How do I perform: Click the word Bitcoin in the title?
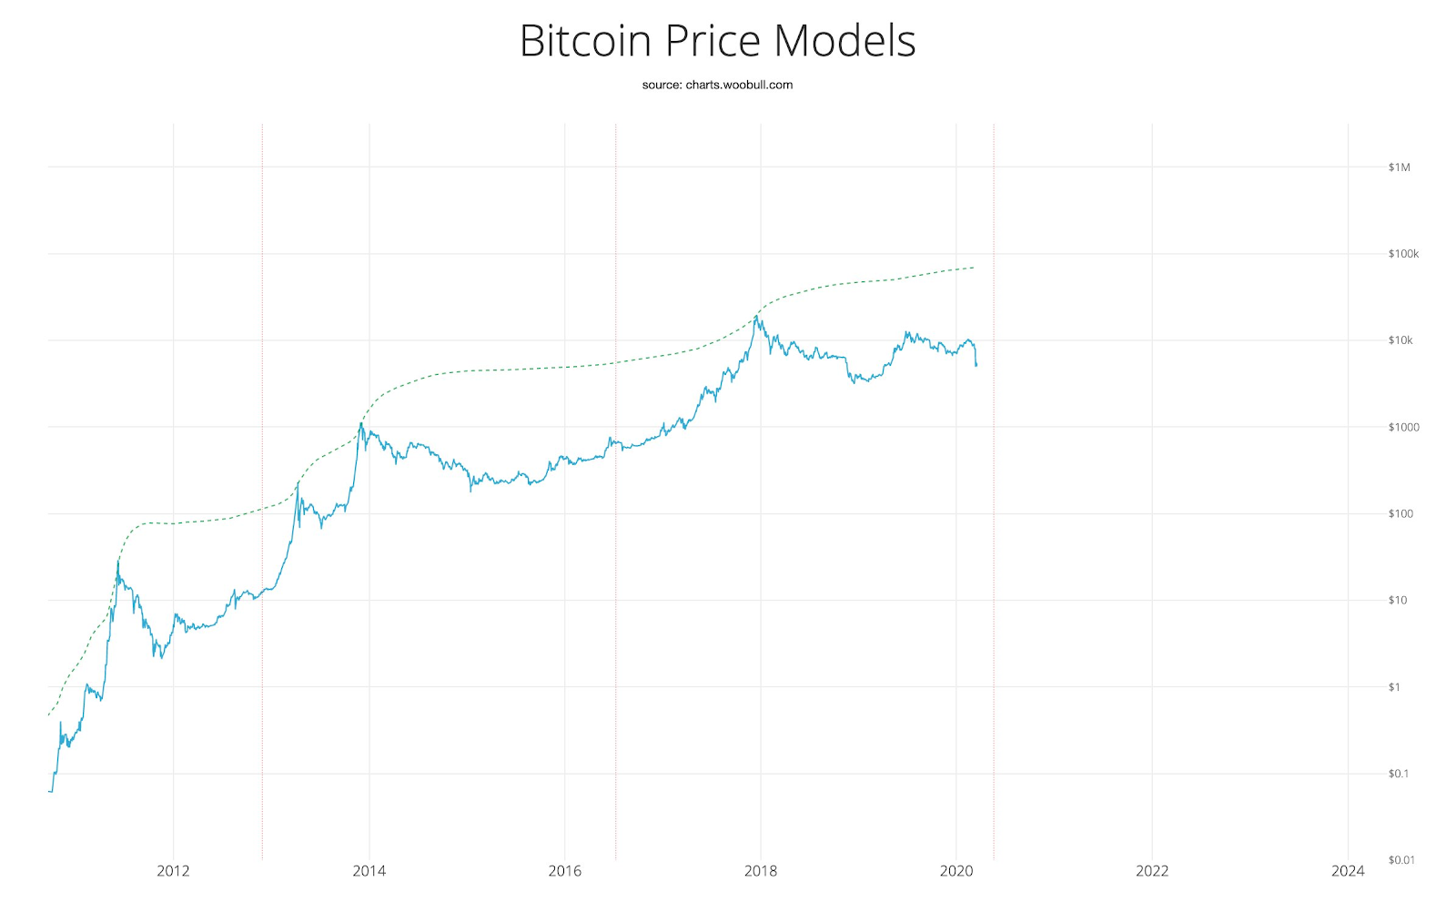pos(586,41)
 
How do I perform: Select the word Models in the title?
pos(845,41)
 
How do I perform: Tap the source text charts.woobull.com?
pos(739,85)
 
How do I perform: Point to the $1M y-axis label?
pos(1399,167)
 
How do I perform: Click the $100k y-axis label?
pos(1403,254)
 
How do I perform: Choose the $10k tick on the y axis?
pos(1400,340)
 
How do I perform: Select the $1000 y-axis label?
pos(1403,427)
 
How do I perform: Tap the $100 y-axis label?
pos(1400,513)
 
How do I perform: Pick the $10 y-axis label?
pos(1398,600)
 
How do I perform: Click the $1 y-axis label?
pos(1394,687)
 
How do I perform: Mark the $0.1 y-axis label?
pos(1398,774)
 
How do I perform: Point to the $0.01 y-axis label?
pos(1400,860)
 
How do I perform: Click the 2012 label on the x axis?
pos(173,871)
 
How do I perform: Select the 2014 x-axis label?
pos(369,871)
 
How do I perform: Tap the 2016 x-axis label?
pos(564,871)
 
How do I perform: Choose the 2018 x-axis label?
pos(761,871)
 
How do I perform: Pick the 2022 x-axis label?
pos(1152,871)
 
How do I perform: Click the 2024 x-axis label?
pos(1348,871)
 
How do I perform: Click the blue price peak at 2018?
pos(755,317)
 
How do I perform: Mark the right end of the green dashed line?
pos(974,268)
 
